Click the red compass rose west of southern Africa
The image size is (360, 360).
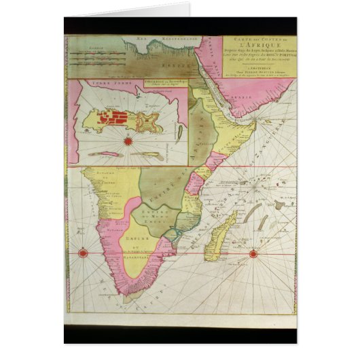(x=82, y=253)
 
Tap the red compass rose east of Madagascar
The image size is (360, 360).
(x=253, y=253)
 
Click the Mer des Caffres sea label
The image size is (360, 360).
(x=102, y=285)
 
